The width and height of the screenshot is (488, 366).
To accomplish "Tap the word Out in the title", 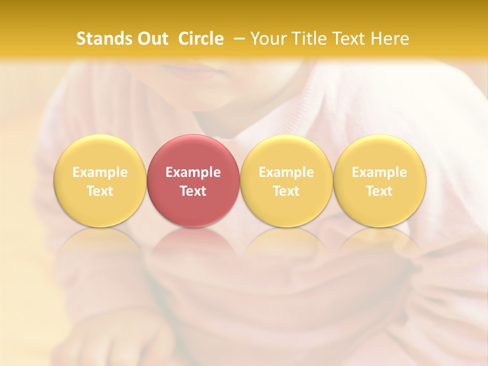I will tap(153, 39).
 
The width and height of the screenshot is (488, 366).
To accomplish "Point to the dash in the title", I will tap(238, 39).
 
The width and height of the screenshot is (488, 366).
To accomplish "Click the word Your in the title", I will tap(268, 39).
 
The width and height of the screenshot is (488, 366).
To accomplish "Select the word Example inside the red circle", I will tap(193, 172).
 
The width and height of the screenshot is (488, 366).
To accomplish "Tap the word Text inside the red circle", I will tap(193, 191).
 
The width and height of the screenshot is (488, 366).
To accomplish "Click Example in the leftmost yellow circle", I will tap(100, 172).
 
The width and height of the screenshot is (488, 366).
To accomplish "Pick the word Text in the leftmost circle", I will tap(100, 191).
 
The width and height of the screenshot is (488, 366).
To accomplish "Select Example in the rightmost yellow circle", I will tap(379, 172).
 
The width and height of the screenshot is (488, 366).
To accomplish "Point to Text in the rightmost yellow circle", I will tap(379, 191).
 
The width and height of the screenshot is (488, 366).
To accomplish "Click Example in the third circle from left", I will tap(286, 172).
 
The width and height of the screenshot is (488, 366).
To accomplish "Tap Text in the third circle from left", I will tap(286, 191).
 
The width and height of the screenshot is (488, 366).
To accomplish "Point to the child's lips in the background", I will tap(203, 71).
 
